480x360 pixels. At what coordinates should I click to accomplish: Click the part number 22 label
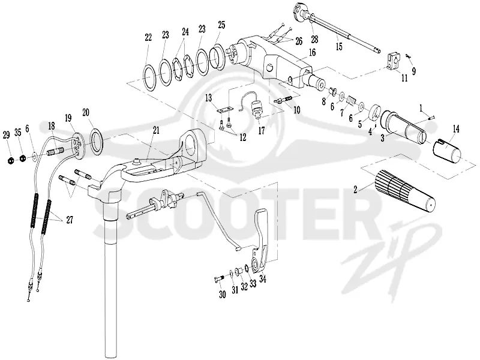(148, 38)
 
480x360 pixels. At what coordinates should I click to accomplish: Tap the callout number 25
(221, 25)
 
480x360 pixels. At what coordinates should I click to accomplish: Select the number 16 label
(312, 52)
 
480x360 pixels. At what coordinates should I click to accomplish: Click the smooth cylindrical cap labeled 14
(447, 152)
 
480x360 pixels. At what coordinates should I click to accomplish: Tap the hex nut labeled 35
(22, 158)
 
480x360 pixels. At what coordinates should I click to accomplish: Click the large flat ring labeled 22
(150, 78)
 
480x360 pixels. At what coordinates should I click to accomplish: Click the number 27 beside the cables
(70, 220)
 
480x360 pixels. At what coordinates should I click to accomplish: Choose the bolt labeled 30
(219, 278)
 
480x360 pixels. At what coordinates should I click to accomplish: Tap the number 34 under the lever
(263, 279)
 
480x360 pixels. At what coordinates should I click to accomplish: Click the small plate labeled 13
(225, 109)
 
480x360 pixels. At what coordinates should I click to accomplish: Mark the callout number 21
(156, 130)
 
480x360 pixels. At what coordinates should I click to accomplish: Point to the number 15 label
(339, 46)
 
